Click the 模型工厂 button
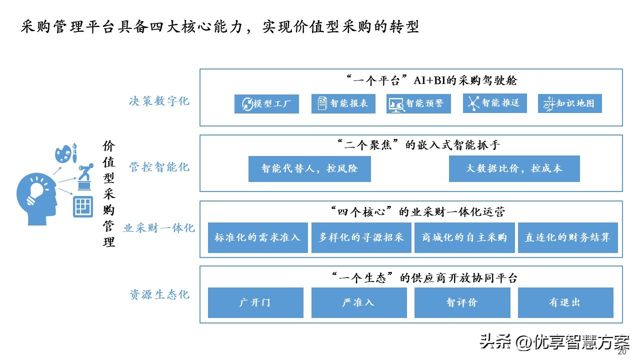point(266,103)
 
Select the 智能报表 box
point(343,103)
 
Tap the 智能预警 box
point(418,103)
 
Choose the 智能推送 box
point(495,103)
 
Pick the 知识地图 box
point(569,103)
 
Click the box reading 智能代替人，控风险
point(309,168)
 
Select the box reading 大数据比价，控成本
point(514,168)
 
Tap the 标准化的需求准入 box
point(257,237)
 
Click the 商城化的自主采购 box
point(464,237)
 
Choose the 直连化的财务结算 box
point(567,237)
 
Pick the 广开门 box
point(255,302)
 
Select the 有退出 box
point(565,302)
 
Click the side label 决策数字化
point(159,101)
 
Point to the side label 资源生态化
point(159,294)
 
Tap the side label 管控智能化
point(159,167)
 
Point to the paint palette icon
point(63,153)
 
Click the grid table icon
point(83,206)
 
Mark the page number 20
point(621,351)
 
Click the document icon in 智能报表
point(322,103)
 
